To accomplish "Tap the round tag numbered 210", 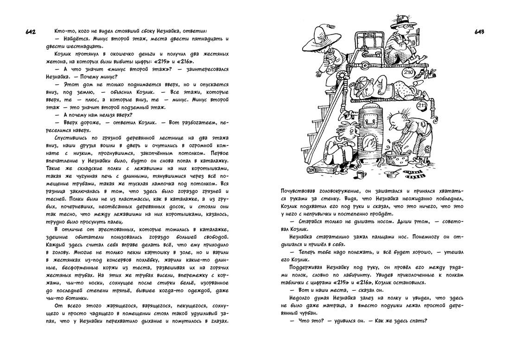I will point(408,73).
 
